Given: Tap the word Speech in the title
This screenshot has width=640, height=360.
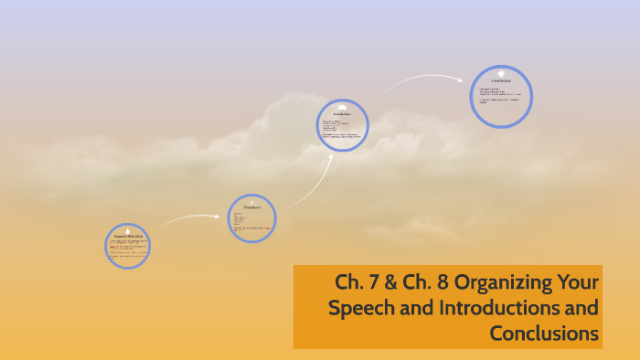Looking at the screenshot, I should [x=359, y=308].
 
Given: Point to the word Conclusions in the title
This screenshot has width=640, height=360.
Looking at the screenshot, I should [x=544, y=334].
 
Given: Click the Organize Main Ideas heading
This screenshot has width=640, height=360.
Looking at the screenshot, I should [x=127, y=237].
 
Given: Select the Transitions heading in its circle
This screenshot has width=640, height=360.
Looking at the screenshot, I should [x=251, y=207].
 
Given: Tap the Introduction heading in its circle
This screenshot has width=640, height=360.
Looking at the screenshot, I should [x=342, y=113].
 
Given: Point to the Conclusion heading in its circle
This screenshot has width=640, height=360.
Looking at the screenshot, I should [x=501, y=81].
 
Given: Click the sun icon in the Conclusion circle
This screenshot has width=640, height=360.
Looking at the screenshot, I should [x=501, y=73].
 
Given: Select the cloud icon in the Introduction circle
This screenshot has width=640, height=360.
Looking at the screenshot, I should [x=342, y=107].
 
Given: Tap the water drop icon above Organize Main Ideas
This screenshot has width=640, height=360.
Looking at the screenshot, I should [x=127, y=230].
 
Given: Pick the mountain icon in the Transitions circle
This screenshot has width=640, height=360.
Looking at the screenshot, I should [x=251, y=202].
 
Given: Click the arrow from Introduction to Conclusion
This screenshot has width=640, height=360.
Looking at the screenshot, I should [x=422, y=79].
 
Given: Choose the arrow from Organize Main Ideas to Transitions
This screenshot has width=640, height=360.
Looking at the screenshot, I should [x=187, y=218].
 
